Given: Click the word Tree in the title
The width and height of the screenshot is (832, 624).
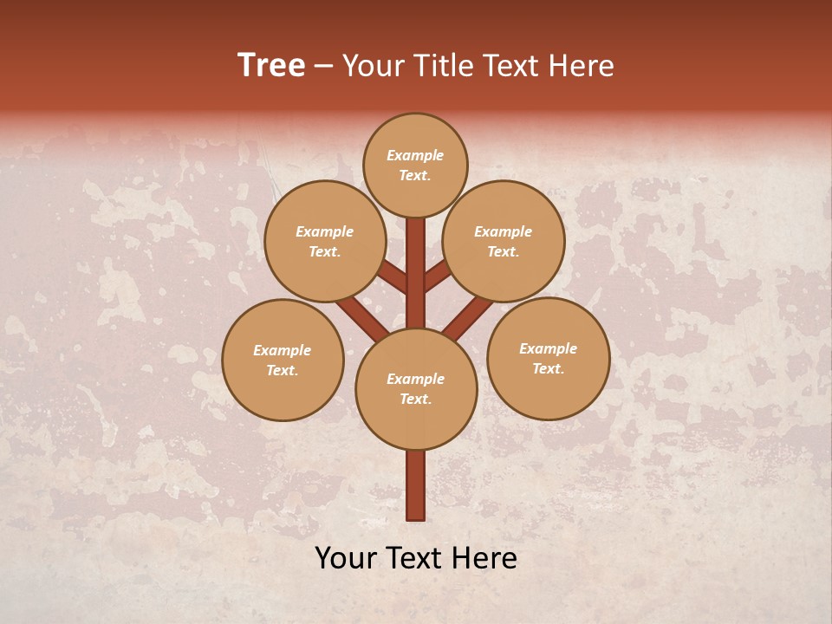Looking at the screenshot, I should tap(271, 66).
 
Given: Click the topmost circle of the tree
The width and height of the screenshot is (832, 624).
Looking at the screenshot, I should tap(415, 165).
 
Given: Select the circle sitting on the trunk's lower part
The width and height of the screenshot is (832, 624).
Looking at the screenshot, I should tap(416, 389).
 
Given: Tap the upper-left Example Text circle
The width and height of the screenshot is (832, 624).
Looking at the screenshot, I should tap(324, 241).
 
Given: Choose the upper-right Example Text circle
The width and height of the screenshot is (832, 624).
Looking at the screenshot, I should tap(504, 241).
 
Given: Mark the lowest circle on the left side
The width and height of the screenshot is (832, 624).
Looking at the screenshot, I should tap(283, 360).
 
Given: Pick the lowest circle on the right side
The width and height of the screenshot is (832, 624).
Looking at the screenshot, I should tap(548, 358).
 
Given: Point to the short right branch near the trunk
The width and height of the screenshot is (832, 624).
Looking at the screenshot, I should tap(437, 277).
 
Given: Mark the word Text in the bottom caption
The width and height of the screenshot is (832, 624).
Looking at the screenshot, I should tap(417, 559).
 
